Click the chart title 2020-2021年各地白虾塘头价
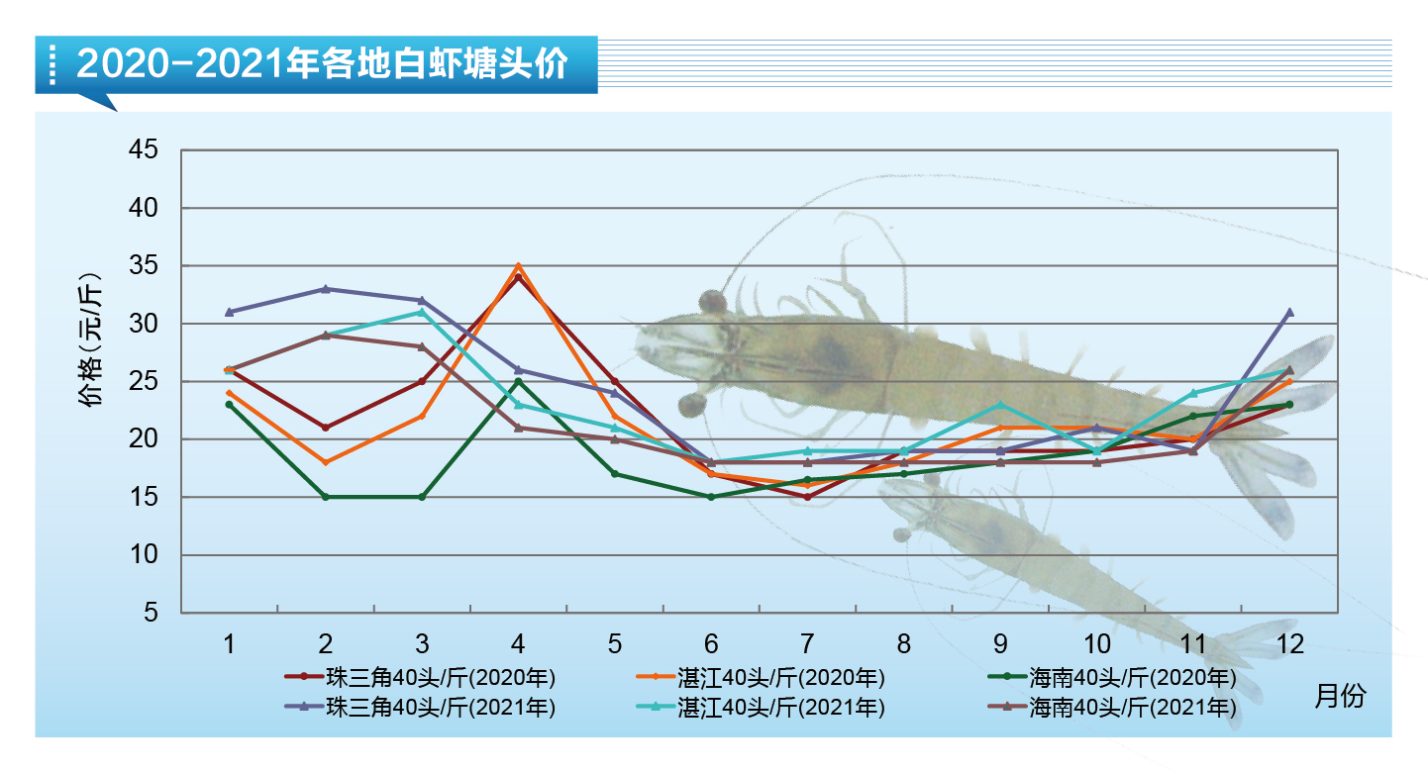click(x=323, y=64)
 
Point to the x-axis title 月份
click(x=1340, y=695)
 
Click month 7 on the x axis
click(x=807, y=644)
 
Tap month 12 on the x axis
click(x=1289, y=644)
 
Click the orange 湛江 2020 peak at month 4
click(x=518, y=266)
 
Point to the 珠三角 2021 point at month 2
click(x=325, y=289)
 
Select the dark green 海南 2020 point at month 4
click(x=518, y=381)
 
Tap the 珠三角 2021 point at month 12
click(x=1289, y=312)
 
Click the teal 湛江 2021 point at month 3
click(x=422, y=312)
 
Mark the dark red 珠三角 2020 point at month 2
click(x=325, y=428)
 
